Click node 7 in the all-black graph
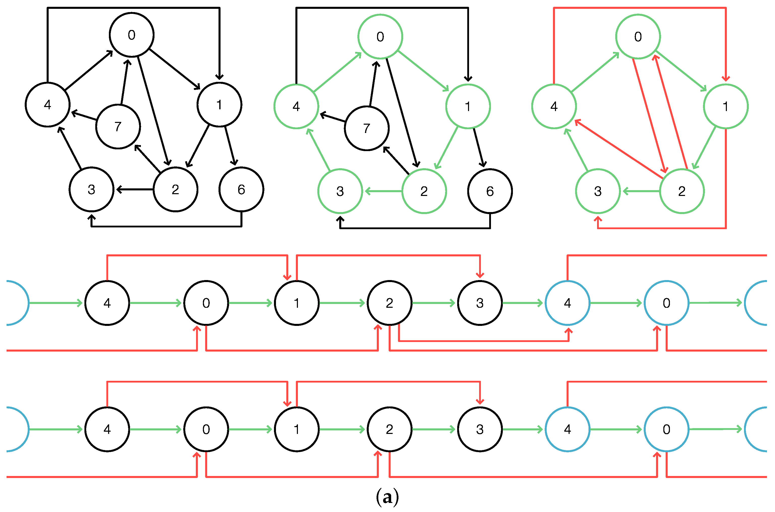click(118, 126)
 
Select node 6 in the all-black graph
click(241, 189)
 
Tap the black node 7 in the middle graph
click(367, 128)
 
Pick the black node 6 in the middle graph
click(490, 191)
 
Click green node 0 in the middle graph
click(380, 37)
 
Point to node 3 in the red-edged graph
click(598, 191)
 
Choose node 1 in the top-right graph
click(726, 107)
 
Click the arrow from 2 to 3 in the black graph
click(135, 189)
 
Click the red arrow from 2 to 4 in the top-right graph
click(618, 149)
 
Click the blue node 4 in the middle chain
click(567, 303)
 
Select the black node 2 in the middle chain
click(389, 303)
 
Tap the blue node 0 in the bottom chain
click(666, 429)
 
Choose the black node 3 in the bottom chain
click(480, 429)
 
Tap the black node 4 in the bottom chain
click(107, 429)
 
